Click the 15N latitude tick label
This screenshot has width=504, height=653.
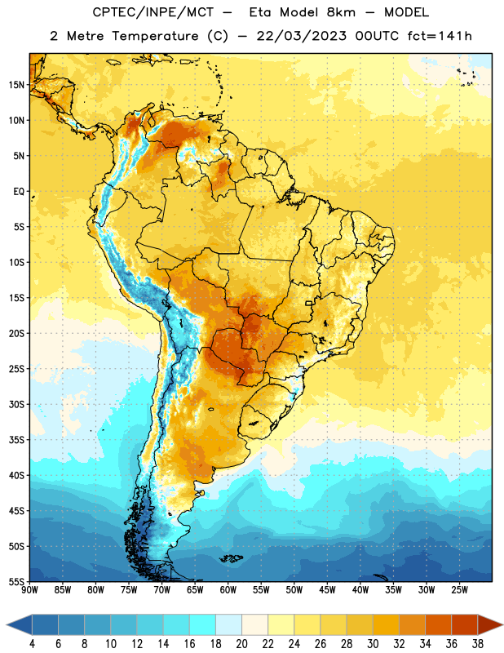pyautogui.click(x=16, y=85)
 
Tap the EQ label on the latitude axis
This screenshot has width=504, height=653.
pyautogui.click(x=19, y=192)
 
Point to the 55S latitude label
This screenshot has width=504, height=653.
pyautogui.click(x=16, y=581)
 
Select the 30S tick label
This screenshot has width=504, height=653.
pyautogui.click(x=16, y=404)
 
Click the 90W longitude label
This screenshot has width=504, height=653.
pyautogui.click(x=29, y=590)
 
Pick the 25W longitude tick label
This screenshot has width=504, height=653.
pyautogui.click(x=459, y=590)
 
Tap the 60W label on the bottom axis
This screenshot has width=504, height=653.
pyautogui.click(x=228, y=590)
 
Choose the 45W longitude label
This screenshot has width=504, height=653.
pyautogui.click(x=327, y=590)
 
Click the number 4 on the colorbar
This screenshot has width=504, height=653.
pyautogui.click(x=32, y=644)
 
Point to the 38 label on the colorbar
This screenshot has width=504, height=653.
pyautogui.click(x=478, y=644)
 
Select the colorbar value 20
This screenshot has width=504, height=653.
pyautogui.click(x=241, y=644)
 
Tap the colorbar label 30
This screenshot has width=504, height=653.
pyautogui.click(x=373, y=644)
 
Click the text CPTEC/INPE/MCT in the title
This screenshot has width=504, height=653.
pyautogui.click(x=153, y=12)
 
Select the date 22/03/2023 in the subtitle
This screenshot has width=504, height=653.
pyautogui.click(x=301, y=36)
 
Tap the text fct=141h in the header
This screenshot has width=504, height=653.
pyautogui.click(x=440, y=36)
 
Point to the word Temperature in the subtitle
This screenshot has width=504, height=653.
pyautogui.click(x=155, y=36)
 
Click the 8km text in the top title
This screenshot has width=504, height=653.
pyautogui.click(x=341, y=12)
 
